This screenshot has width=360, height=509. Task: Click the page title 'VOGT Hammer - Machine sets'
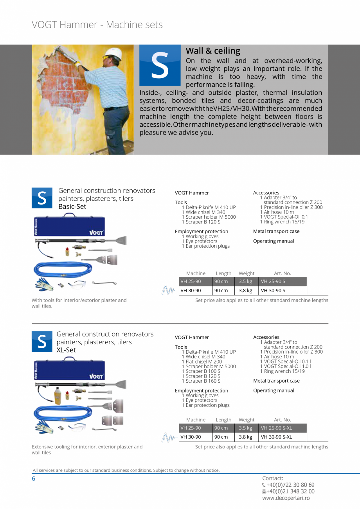pyautogui.click(x=97, y=25)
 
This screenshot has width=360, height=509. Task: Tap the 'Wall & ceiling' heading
pyautogui.click(x=213, y=51)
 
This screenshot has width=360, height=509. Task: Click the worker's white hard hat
pyautogui.click(x=113, y=54)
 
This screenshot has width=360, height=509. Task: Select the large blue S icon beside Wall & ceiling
pyautogui.click(x=160, y=65)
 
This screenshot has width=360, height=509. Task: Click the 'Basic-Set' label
pyautogui.click(x=72, y=207)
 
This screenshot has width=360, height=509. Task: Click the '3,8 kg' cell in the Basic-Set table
pyautogui.click(x=246, y=291)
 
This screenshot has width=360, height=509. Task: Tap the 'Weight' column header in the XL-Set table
pyautogui.click(x=247, y=420)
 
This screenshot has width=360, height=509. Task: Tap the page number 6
pyautogui.click(x=34, y=478)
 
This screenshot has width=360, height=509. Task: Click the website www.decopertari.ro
pyautogui.click(x=286, y=498)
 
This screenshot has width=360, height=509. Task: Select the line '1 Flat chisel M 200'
pyautogui.click(x=202, y=362)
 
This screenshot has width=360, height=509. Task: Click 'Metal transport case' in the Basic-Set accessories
pyautogui.click(x=276, y=232)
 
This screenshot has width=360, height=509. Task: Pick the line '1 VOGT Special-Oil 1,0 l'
pyautogui.click(x=286, y=366)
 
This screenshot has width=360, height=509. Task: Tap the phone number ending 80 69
pyautogui.click(x=290, y=485)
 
